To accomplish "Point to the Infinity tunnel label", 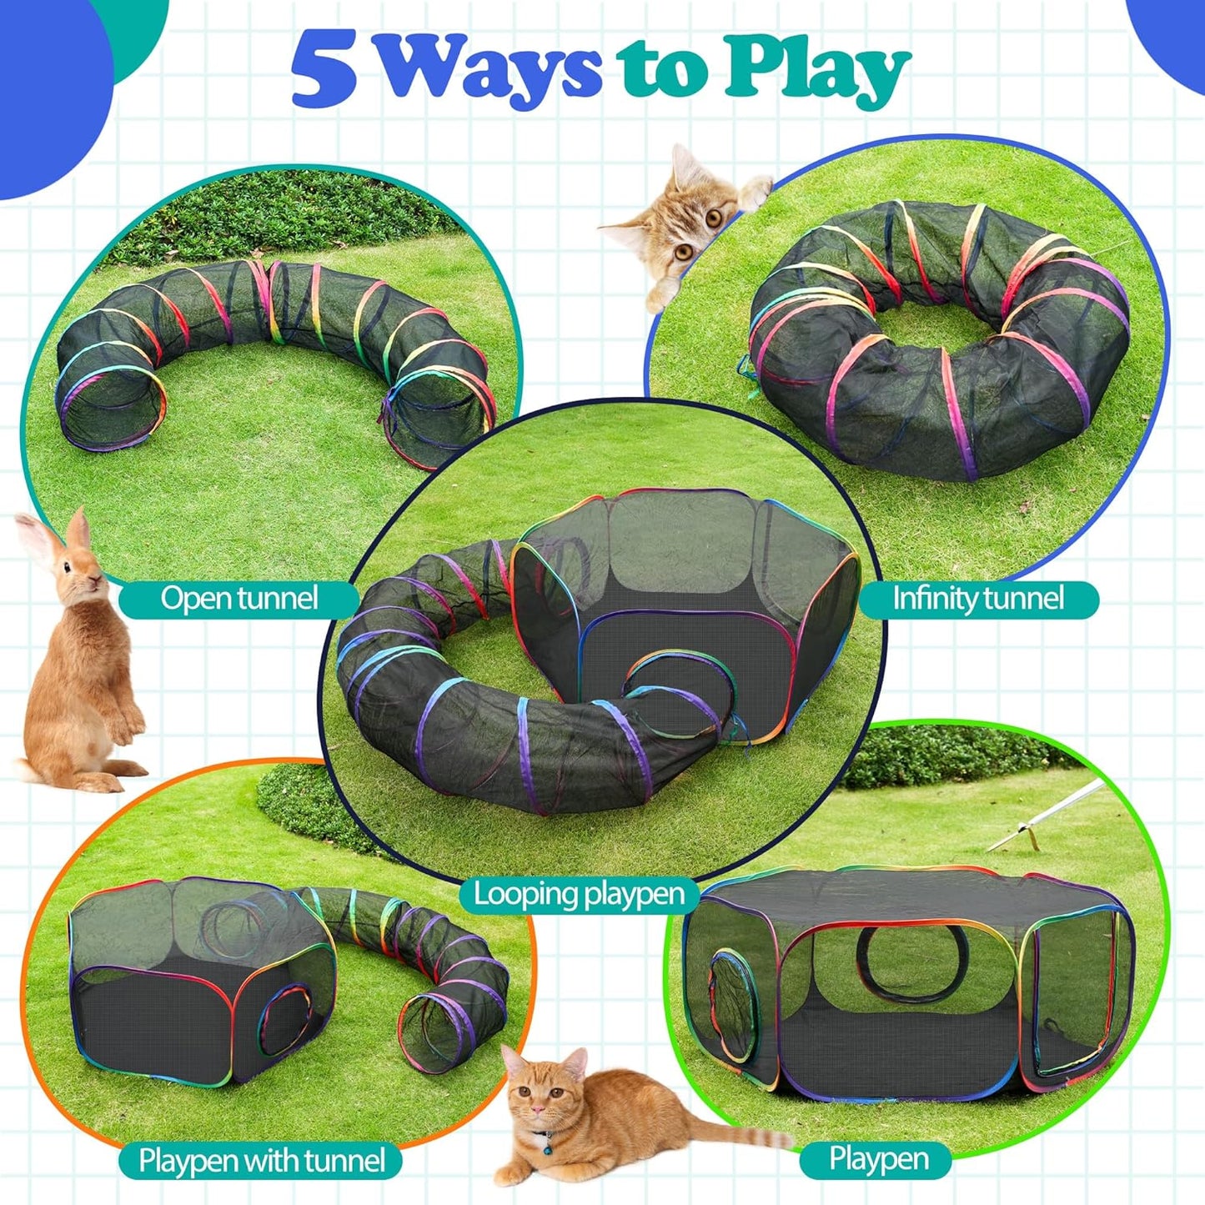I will click(x=977, y=599).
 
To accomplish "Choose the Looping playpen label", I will click(x=579, y=894).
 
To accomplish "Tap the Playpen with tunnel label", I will click(x=261, y=1160).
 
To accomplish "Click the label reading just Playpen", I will click(x=878, y=1158).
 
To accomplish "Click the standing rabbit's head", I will click(x=79, y=575).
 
